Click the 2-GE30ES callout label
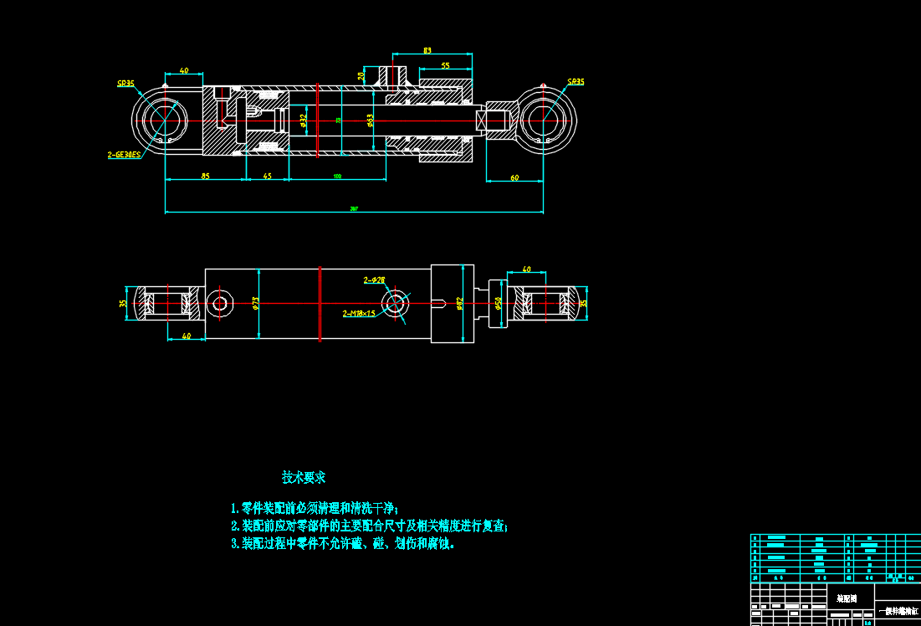tap(124, 155)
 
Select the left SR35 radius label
tap(126, 84)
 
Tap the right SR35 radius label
tap(576, 82)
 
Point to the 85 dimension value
tap(205, 176)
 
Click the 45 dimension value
tap(267, 176)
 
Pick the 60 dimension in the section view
tap(514, 177)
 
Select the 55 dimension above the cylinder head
tap(445, 65)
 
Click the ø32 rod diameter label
tap(304, 121)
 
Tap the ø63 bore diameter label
tap(370, 121)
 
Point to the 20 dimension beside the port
tap(361, 75)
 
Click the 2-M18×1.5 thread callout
tap(359, 314)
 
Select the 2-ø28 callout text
tap(374, 280)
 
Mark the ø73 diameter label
tap(256, 302)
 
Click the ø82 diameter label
tap(459, 302)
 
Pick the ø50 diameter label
tap(499, 303)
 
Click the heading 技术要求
tap(304, 478)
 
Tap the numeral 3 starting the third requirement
tap(234, 544)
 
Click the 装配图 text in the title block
tap(847, 599)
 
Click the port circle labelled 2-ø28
tap(395, 302)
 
